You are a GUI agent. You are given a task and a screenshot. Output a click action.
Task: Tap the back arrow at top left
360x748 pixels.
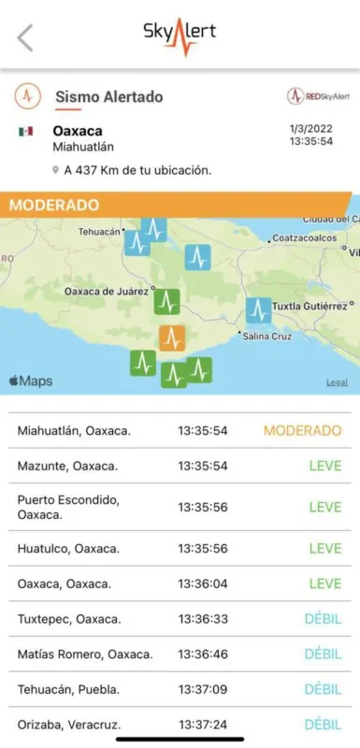[25, 37]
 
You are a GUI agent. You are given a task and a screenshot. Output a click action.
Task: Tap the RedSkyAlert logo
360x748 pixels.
[318, 96]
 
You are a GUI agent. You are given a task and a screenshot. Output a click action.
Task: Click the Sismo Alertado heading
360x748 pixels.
[108, 96]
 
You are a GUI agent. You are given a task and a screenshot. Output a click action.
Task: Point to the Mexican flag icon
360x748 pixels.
[25, 131]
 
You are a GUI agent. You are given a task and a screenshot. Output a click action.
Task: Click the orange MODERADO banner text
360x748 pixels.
[54, 205]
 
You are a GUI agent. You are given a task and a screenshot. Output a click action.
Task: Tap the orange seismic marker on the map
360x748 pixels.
[171, 338]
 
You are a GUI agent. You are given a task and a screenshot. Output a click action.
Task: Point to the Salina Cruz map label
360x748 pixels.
[267, 336]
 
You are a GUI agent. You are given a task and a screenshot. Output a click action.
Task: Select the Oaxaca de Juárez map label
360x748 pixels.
[105, 291]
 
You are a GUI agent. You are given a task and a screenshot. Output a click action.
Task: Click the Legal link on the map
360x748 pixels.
[337, 382]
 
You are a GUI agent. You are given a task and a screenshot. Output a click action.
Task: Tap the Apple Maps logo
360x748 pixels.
[31, 381]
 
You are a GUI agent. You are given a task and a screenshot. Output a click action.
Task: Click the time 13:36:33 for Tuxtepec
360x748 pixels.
[203, 618]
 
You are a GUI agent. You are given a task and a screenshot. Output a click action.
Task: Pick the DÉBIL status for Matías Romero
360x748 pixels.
[323, 654]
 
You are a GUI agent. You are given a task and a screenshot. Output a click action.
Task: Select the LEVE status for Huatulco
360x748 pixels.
[324, 548]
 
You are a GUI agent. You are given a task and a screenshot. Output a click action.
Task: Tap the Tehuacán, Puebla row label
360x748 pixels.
[68, 689]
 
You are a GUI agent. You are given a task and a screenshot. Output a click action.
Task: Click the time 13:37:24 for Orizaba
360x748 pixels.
[203, 725]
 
